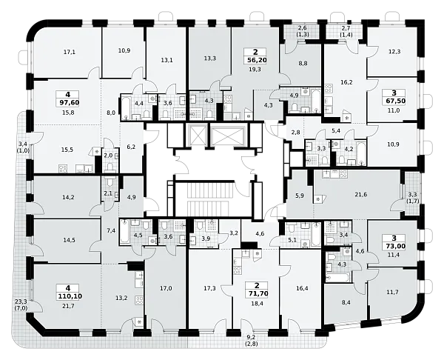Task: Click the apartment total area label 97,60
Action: [67, 102]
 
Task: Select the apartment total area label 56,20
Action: [256, 60]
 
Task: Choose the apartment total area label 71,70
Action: [257, 293]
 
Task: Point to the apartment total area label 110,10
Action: [69, 296]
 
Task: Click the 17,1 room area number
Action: [70, 52]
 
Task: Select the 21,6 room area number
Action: [361, 195]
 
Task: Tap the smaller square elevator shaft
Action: [197, 134]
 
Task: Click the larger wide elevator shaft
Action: [228, 134]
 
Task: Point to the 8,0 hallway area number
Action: [111, 113]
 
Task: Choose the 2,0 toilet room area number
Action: [109, 155]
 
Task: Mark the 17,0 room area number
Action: [166, 289]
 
